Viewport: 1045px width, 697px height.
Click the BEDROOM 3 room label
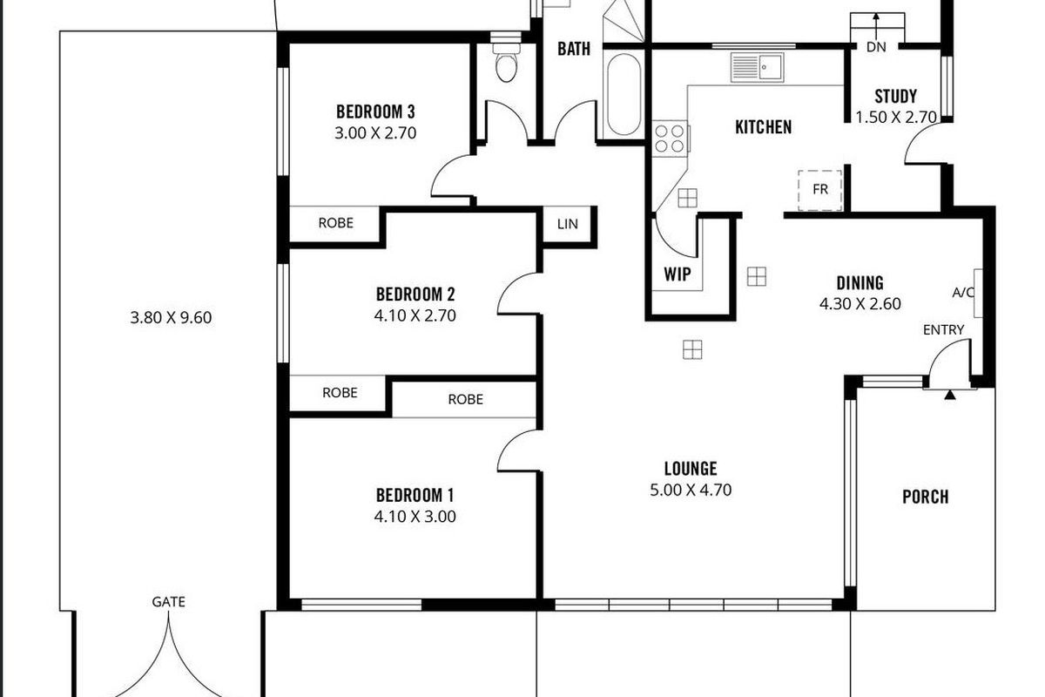(x=375, y=112)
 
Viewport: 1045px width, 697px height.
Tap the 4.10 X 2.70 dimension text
(x=416, y=315)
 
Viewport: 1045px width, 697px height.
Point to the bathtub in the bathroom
(x=622, y=95)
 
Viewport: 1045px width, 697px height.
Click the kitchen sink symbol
(x=757, y=67)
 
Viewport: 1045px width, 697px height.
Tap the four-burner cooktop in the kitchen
(x=670, y=138)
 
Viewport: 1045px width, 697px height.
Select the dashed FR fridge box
(x=820, y=189)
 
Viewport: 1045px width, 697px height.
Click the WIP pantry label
(x=678, y=274)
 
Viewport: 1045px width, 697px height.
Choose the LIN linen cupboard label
(x=567, y=224)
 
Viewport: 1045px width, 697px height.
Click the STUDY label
(x=895, y=97)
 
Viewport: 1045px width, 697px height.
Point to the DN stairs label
(x=876, y=47)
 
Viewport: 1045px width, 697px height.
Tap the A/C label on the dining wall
(x=964, y=293)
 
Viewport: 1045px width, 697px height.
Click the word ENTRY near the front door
(x=944, y=329)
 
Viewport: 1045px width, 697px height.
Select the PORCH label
(x=925, y=497)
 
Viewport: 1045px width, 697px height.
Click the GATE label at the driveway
(x=168, y=601)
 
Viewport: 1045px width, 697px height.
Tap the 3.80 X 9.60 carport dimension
(x=171, y=318)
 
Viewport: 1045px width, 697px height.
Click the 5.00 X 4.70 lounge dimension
(x=691, y=490)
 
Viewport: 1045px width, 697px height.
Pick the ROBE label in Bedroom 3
(x=335, y=223)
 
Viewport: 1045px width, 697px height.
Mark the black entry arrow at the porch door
(x=949, y=395)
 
